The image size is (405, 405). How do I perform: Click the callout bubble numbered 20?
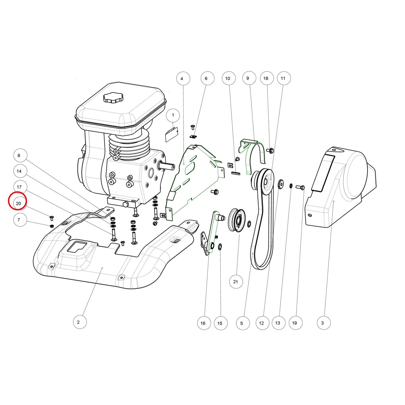19,203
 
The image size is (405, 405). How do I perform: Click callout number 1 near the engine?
173,115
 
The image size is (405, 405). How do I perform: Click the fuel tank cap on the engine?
113,98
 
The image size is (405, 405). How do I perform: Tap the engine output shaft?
167,166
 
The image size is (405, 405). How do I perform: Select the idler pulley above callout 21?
237,220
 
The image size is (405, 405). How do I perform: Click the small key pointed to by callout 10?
236,173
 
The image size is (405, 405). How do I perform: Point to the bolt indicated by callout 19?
300,187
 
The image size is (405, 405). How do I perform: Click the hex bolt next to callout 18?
270,150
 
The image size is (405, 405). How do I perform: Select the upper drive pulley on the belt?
263,181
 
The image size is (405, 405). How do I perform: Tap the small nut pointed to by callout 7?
51,226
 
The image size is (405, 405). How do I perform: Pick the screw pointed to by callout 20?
52,218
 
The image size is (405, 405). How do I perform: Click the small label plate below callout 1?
172,134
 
